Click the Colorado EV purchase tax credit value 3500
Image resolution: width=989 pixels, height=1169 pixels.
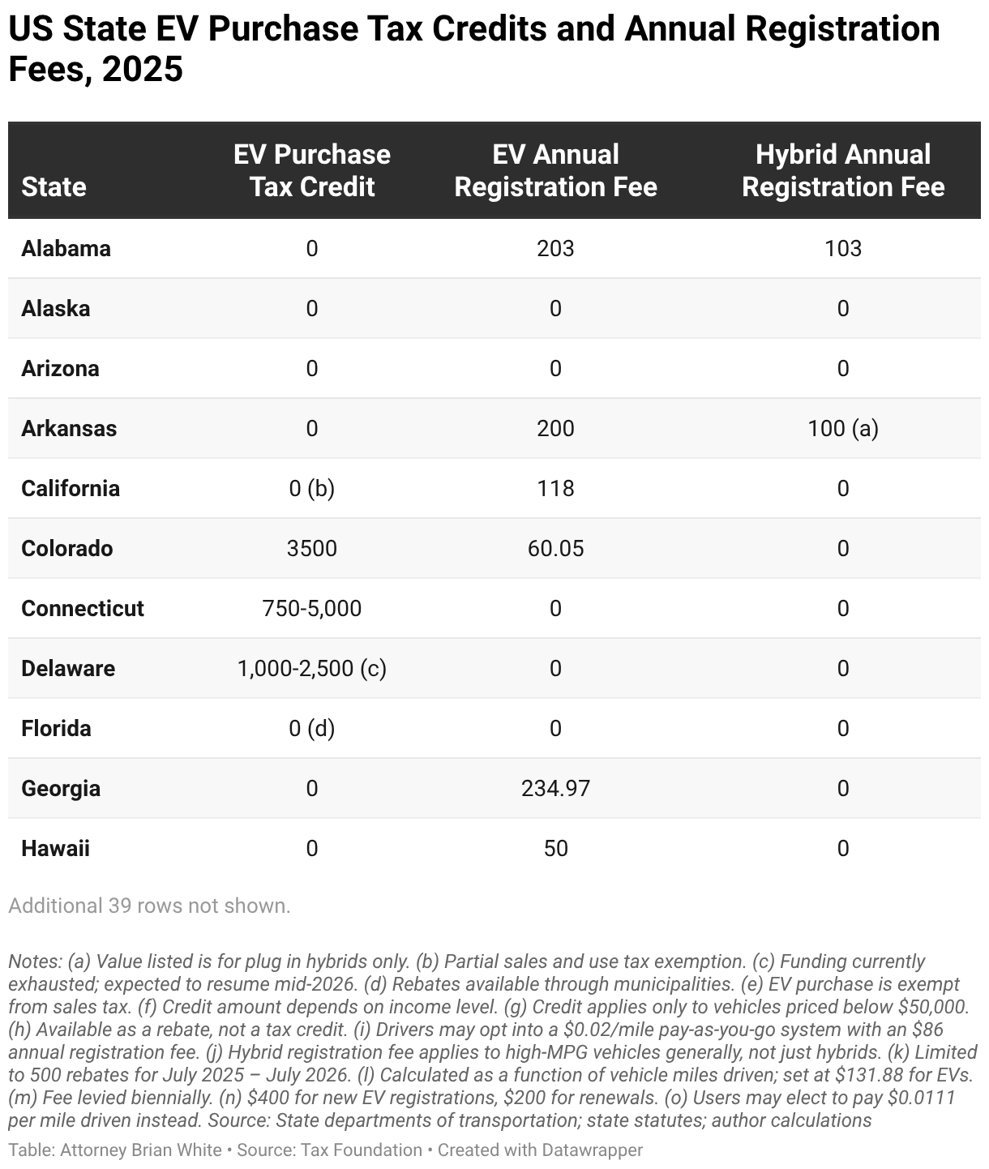[311, 549]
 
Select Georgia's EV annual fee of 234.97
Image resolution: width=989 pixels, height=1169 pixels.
[555, 788]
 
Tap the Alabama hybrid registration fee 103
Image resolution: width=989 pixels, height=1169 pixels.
[842, 249]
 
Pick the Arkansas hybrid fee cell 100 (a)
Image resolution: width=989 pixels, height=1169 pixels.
[842, 429]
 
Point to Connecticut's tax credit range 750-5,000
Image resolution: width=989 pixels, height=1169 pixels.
[311, 609]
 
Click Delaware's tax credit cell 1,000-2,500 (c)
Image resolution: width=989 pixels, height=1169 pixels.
[311, 669]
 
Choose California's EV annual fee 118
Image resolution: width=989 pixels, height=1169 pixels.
[555, 489]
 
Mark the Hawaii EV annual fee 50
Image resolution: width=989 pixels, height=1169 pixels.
[555, 848]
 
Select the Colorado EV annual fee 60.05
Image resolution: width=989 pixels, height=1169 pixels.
[555, 549]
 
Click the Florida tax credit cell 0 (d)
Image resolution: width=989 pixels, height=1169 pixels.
[311, 729]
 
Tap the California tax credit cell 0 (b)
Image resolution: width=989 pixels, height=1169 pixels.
[311, 489]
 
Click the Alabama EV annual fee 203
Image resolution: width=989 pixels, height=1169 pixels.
[555, 249]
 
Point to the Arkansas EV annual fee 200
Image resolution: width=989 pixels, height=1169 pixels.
[555, 429]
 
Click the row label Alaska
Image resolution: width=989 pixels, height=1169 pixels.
[55, 309]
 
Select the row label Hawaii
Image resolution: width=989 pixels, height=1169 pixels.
[55, 848]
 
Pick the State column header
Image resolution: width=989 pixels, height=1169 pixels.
[54, 187]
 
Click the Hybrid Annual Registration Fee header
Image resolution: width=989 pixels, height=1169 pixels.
[842, 171]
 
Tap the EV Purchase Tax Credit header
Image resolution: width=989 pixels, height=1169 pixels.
[311, 171]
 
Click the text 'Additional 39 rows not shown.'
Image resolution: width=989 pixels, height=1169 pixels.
[149, 906]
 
